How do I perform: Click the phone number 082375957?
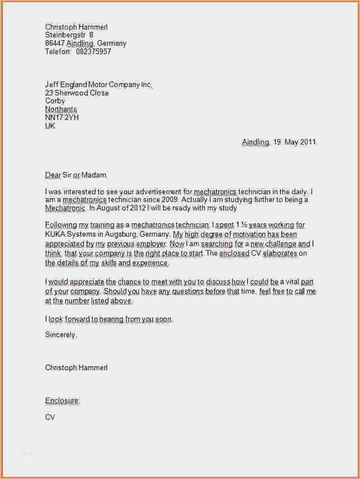point(93,51)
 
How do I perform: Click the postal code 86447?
point(55,43)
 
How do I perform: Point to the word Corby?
point(55,101)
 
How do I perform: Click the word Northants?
point(61,109)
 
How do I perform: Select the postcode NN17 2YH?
point(61,118)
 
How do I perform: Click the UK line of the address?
point(50,126)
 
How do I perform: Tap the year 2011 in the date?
point(308,142)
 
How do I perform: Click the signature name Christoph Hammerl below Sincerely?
point(76,367)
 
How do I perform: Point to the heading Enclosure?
point(62,400)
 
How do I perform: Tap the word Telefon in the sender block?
point(57,51)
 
